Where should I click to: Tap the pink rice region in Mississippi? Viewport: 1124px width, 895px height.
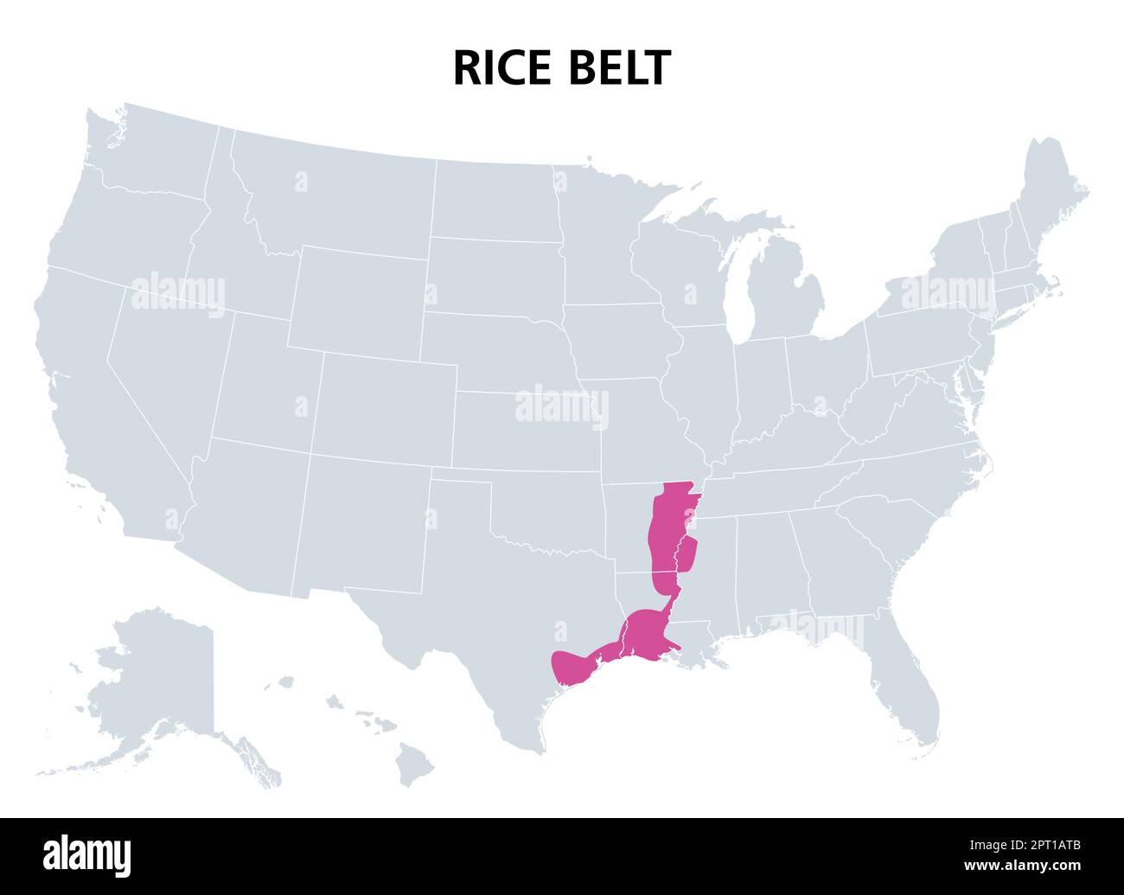click(687, 553)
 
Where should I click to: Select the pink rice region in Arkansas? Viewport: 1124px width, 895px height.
click(666, 527)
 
